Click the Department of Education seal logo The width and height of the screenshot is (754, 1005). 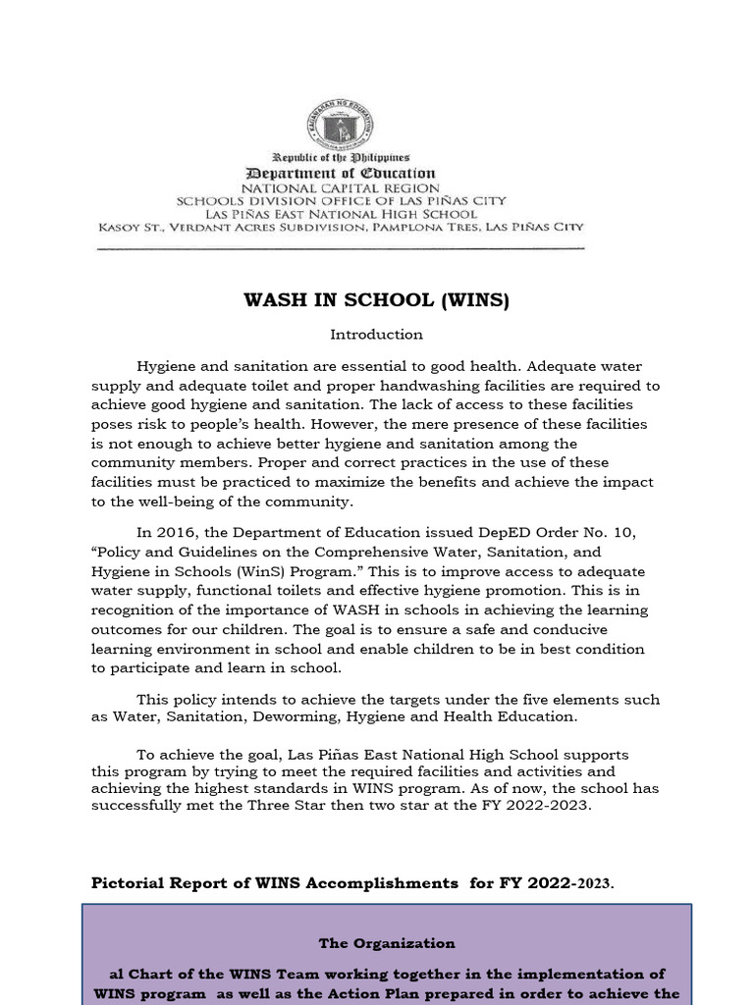pyautogui.click(x=341, y=125)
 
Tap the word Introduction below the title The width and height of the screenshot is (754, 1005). pyautogui.click(x=377, y=335)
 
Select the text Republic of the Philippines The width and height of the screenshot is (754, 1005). pyautogui.click(x=341, y=157)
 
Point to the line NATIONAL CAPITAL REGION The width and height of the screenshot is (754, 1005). pyautogui.click(x=341, y=186)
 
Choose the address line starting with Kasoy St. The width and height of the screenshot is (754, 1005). pyautogui.click(x=341, y=227)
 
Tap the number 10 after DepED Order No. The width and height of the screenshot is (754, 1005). pyautogui.click(x=624, y=533)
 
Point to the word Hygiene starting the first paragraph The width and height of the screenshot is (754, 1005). pyautogui.click(x=167, y=366)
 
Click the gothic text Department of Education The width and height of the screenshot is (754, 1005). pyautogui.click(x=341, y=173)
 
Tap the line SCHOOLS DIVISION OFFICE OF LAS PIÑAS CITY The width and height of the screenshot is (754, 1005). pyautogui.click(x=341, y=200)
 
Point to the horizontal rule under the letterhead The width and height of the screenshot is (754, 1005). pyautogui.click(x=341, y=248)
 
